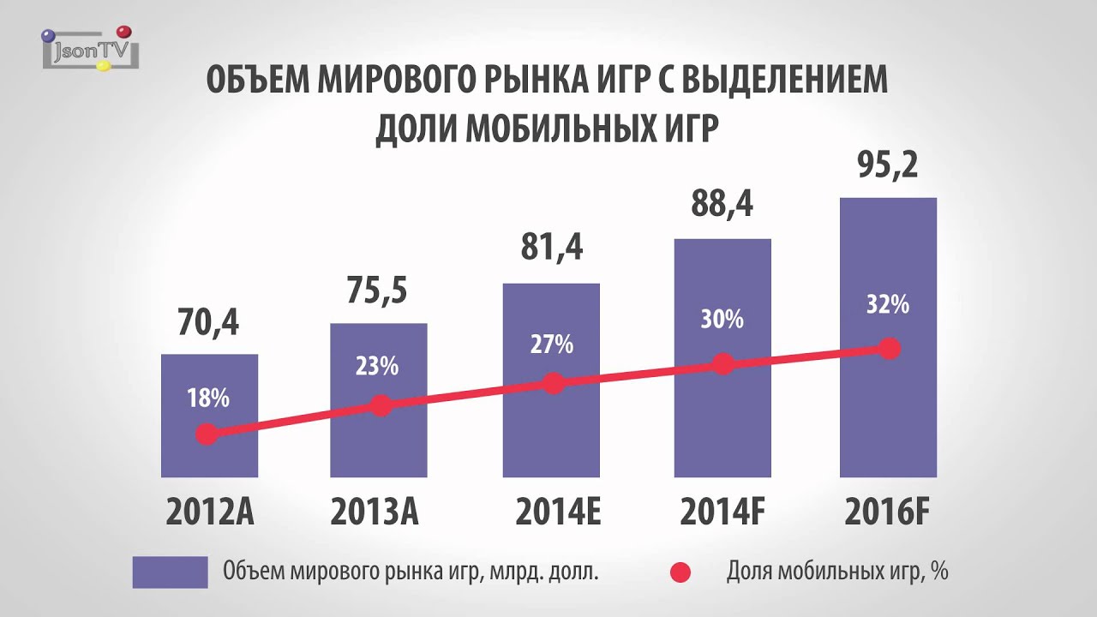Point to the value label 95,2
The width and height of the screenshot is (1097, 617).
pos(888,165)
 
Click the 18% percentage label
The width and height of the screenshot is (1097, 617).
pos(208,398)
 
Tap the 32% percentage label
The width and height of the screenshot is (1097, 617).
pos(887,304)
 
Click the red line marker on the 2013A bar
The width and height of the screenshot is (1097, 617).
pos(382,405)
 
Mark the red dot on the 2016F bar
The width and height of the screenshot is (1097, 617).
pos(890,349)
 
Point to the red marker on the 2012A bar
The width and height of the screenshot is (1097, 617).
pos(206,434)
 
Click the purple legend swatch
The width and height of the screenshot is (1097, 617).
pos(170,572)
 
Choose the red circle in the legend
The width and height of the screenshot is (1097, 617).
pos(680,572)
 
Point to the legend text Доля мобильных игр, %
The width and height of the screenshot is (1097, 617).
pos(836,572)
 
